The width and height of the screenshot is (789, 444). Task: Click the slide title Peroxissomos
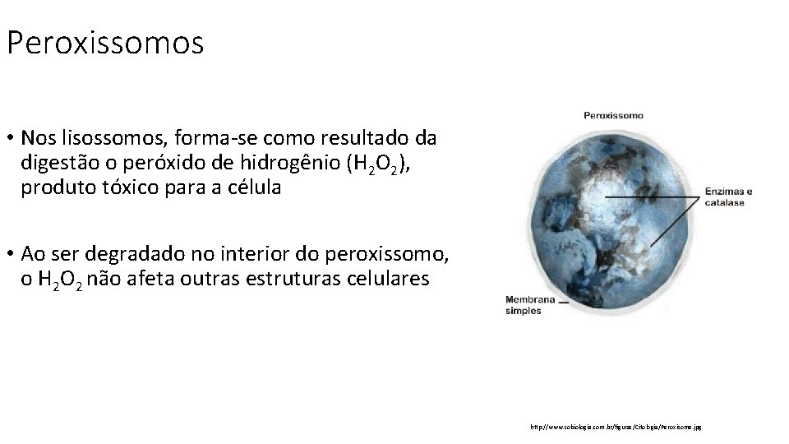tap(104, 43)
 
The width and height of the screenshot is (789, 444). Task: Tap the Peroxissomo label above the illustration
tap(613, 115)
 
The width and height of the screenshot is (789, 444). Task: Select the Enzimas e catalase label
tap(728, 197)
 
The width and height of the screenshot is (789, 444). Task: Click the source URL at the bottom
tap(616, 427)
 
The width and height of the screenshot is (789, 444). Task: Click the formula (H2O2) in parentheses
tap(381, 162)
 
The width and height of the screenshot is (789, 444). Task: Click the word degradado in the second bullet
tap(131, 252)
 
